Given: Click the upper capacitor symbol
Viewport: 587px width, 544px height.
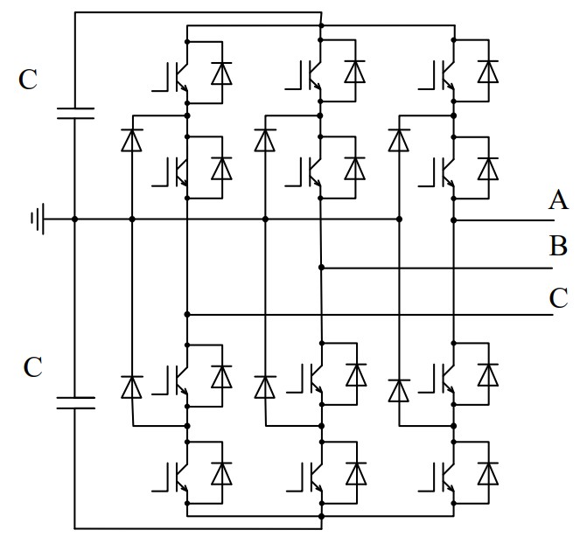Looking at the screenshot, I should coord(74,111).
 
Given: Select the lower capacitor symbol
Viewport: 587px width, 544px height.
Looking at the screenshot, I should coord(74,403).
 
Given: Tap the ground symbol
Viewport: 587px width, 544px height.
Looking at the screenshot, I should coord(37,219).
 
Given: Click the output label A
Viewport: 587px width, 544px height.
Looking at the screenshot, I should coord(558,201).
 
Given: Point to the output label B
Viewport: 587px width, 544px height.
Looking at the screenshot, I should coord(558,246).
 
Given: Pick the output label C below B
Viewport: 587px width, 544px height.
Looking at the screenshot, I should coord(558,298).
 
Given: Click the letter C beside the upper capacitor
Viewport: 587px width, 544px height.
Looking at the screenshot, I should coord(28,80).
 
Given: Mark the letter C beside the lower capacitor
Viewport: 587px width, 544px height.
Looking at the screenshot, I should coord(31,367).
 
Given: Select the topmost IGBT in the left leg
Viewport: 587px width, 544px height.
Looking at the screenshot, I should coord(175,74).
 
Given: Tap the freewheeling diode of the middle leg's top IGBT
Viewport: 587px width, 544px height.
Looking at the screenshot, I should coord(355,72).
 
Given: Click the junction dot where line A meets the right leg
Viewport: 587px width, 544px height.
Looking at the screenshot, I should coord(454,219).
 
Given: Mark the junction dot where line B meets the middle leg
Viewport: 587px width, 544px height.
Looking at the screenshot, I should coord(322,267).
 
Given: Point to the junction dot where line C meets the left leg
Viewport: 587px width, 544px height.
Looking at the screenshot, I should coord(188,314).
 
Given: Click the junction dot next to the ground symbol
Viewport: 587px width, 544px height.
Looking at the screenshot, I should coord(74,219).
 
